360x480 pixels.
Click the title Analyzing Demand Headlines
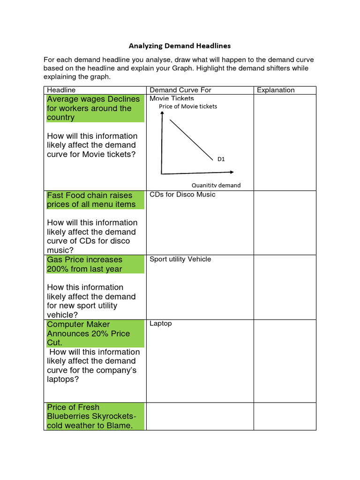(x=180, y=46)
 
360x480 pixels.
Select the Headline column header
(x=61, y=90)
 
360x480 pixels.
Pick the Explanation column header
(x=276, y=90)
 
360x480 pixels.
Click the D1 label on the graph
(x=221, y=159)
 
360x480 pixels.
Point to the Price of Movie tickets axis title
(x=188, y=106)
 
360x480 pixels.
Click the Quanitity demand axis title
(x=216, y=185)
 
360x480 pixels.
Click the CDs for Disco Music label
(x=182, y=195)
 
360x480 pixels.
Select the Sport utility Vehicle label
(x=180, y=259)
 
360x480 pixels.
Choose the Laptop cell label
(x=160, y=324)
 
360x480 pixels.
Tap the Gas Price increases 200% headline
(x=84, y=264)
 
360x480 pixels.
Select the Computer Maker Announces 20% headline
(x=89, y=333)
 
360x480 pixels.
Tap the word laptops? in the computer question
(x=63, y=379)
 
